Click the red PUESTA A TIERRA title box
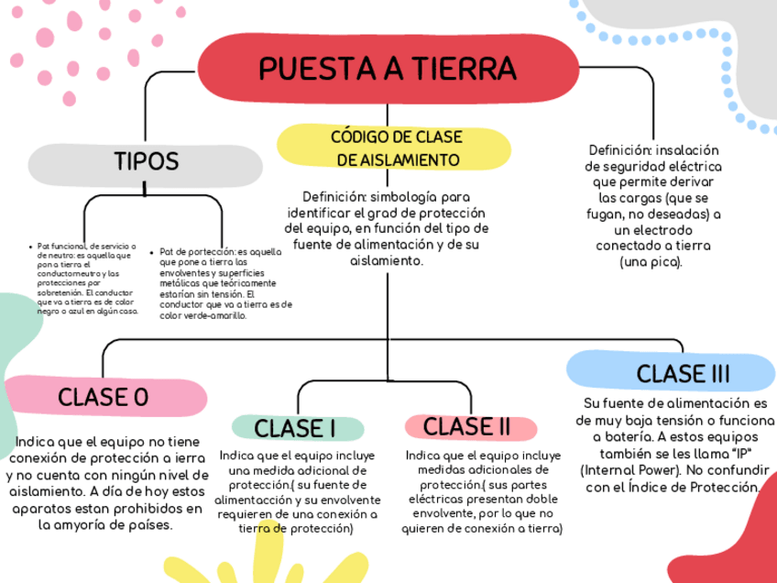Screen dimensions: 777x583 387,68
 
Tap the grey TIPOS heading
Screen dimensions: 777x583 147,162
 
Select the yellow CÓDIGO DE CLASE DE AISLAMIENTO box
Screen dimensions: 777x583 395,148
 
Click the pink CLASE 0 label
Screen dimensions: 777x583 103,397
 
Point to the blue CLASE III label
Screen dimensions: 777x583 683,373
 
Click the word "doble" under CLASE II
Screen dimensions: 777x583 542,499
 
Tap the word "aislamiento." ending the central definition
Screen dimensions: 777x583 387,260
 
